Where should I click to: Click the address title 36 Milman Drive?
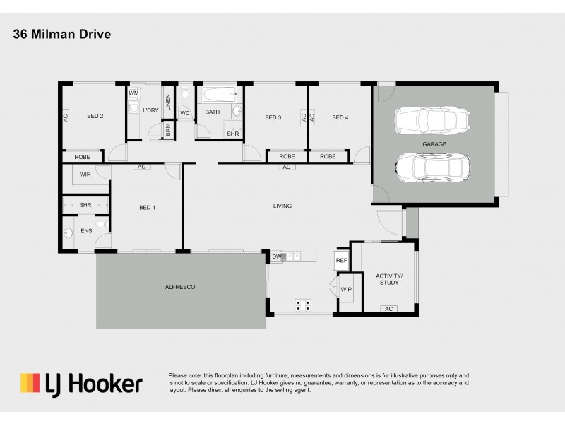click(x=61, y=34)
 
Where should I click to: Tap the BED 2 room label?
click(x=95, y=117)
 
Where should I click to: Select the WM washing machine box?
click(x=134, y=93)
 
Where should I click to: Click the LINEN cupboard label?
click(x=168, y=102)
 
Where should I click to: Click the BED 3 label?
click(x=273, y=117)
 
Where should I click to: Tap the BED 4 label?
click(x=340, y=117)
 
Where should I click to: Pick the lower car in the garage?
click(x=432, y=168)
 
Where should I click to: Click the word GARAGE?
click(x=434, y=143)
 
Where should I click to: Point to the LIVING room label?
click(x=282, y=206)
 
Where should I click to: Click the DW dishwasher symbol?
click(x=278, y=257)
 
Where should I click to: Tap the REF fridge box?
click(x=342, y=261)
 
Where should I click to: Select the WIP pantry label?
click(x=346, y=290)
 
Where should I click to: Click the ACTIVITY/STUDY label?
click(x=389, y=278)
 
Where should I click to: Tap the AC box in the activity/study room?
click(x=388, y=309)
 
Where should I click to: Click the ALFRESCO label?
click(x=179, y=287)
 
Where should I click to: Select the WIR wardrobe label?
click(x=85, y=174)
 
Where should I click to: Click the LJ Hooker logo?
click(x=81, y=384)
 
